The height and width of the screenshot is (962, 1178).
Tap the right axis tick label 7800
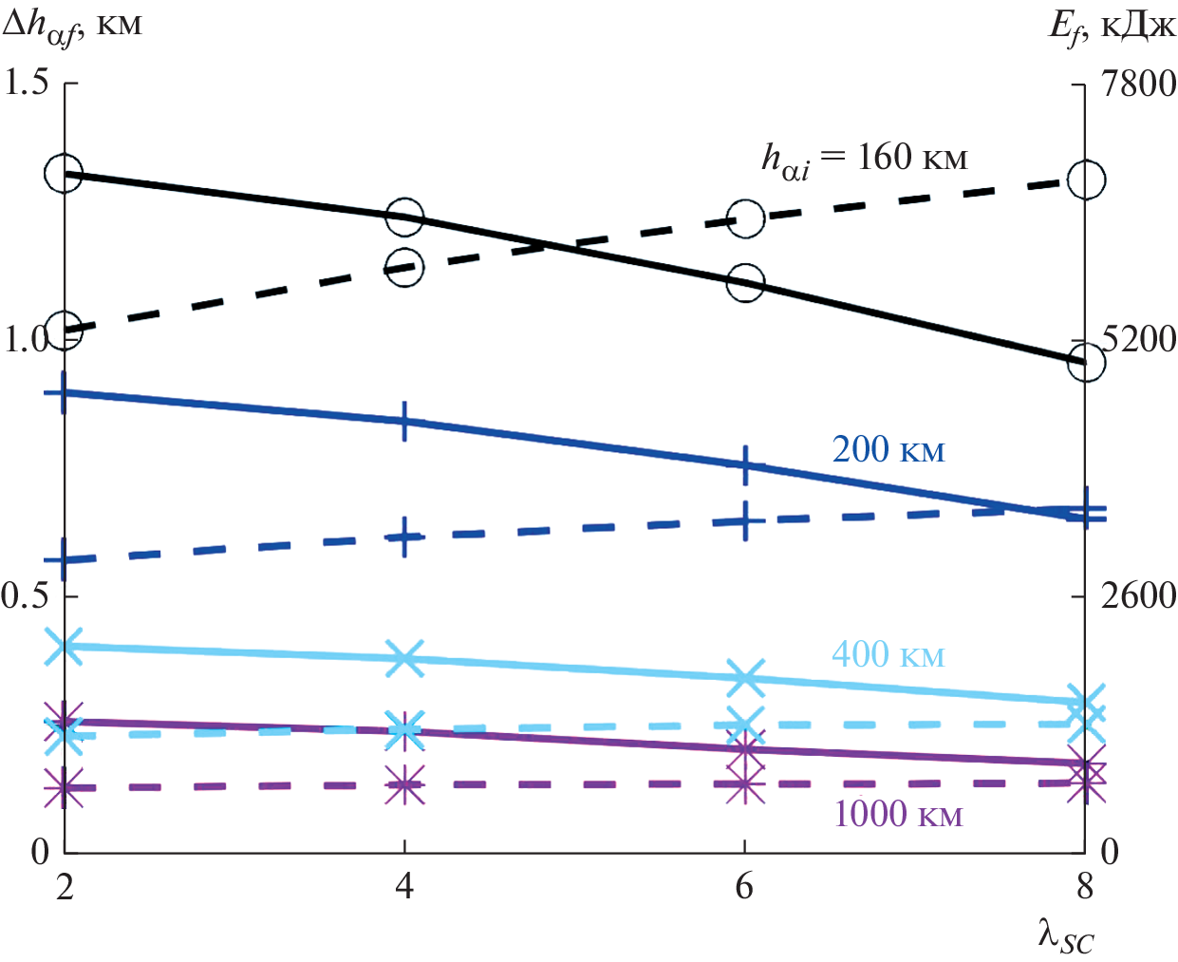[1137, 85]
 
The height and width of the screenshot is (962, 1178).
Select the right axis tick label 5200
[1138, 340]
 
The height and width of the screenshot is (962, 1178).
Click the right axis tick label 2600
[1137, 596]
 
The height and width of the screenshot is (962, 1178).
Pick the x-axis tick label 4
[405, 886]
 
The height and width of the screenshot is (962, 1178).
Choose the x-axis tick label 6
[744, 886]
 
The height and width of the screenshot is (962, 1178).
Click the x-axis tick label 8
[1085, 886]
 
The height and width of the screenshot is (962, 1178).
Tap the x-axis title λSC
[1065, 936]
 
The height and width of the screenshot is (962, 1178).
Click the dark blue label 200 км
[888, 450]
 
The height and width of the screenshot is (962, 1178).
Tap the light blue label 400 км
[888, 654]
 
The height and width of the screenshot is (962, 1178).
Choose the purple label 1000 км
[898, 814]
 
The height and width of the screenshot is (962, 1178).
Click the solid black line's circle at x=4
[405, 217]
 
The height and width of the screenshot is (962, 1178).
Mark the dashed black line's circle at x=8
[1086, 179]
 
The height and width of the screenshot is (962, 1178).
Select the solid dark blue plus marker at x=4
[405, 421]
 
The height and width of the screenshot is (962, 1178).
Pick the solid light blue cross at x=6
[745, 677]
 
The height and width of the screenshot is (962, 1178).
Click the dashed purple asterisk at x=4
[405, 785]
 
